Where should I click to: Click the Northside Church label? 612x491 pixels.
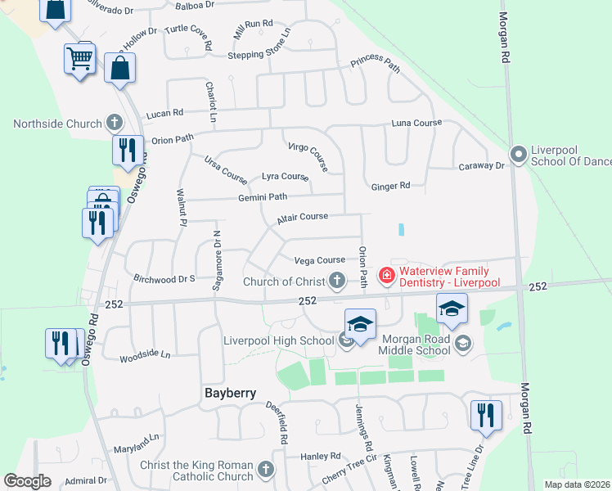(56, 124)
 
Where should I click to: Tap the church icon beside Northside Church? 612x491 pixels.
(115, 124)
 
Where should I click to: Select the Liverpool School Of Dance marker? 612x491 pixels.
(517, 154)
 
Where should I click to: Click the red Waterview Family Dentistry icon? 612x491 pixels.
(387, 277)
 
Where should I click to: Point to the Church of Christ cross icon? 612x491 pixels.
(336, 282)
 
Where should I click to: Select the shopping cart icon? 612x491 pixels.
(79, 57)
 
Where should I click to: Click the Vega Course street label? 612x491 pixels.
(319, 260)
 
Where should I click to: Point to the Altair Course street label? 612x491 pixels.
(302, 217)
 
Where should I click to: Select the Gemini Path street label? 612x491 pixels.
(263, 196)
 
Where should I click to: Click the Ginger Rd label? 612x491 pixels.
(390, 186)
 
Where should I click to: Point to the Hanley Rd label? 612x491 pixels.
(320, 456)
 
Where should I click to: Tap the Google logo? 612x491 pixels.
(27, 481)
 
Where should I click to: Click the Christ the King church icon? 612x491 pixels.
(264, 470)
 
